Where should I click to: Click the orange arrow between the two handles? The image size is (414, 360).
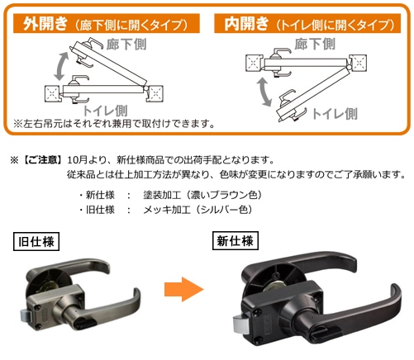click(x=184, y=289)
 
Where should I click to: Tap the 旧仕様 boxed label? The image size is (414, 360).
click(x=36, y=241)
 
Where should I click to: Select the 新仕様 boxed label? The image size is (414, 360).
click(x=236, y=241)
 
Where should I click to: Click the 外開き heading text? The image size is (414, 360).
click(x=45, y=23)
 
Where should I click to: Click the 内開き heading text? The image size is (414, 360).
click(x=246, y=23)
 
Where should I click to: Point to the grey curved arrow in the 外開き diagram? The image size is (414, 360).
click(x=61, y=66)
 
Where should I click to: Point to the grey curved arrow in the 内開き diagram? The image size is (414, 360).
click(x=264, y=92)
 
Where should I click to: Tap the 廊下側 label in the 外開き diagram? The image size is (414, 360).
click(x=126, y=45)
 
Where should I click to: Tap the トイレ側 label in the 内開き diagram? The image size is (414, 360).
click(x=335, y=114)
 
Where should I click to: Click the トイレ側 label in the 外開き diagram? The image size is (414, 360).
click(x=105, y=111)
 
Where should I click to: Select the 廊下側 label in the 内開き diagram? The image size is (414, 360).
click(x=315, y=44)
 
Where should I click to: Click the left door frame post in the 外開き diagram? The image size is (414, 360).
click(x=52, y=94)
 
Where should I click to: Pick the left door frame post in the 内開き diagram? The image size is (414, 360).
click(x=254, y=63)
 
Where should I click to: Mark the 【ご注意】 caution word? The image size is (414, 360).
click(x=41, y=160)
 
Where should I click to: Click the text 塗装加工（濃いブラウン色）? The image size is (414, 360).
click(x=202, y=195)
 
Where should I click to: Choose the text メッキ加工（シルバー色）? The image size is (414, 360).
click(x=197, y=210)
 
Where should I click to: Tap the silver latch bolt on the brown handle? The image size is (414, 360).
click(x=240, y=324)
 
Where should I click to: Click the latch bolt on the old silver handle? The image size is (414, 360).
click(x=25, y=315)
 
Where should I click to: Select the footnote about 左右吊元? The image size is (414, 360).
click(x=114, y=124)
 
